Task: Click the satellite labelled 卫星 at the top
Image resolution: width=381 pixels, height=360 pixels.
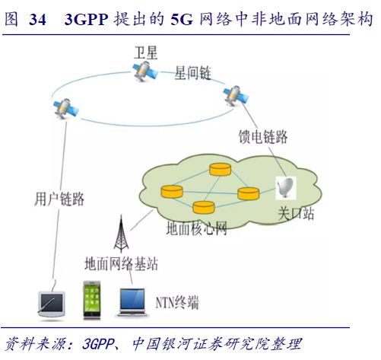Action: tap(145, 72)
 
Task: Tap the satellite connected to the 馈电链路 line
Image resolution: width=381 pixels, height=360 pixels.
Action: tap(236, 96)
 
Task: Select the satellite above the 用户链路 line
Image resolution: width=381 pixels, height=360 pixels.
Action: tap(66, 109)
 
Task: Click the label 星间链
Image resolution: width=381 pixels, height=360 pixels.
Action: tap(192, 73)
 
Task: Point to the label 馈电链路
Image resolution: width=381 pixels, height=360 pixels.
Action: tap(263, 137)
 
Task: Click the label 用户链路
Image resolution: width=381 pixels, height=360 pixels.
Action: tap(59, 199)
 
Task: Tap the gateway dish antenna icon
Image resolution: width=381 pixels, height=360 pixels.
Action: tap(286, 187)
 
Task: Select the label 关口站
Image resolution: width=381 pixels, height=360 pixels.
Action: tap(296, 213)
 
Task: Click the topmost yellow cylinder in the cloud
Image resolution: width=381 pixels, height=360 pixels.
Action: tap(221, 169)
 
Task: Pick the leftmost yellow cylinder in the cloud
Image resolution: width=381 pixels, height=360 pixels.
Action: tap(172, 192)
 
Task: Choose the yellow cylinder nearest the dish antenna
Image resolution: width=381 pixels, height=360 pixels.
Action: tap(249, 193)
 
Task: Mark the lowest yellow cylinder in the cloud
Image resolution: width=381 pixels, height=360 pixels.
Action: tap(204, 207)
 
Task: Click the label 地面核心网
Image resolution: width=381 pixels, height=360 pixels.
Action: tap(196, 228)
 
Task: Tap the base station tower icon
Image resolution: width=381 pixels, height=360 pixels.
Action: tap(121, 234)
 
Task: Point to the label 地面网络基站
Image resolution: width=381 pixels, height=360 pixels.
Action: tap(121, 263)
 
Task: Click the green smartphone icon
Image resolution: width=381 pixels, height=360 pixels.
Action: tap(92, 300)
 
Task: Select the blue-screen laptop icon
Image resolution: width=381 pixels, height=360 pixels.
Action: tap(132, 303)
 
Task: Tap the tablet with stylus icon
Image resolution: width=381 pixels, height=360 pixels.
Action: tap(52, 304)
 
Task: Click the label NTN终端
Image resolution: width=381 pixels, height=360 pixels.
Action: tap(177, 303)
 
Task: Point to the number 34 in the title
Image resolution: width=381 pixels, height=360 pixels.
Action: tap(37, 19)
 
